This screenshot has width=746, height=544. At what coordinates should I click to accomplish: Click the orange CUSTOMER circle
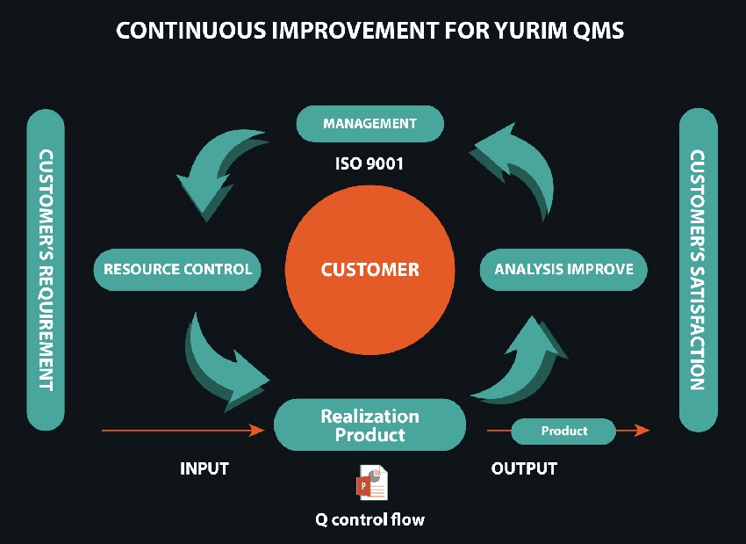tap(370, 270)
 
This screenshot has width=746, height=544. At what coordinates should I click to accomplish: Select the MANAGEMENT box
tap(369, 124)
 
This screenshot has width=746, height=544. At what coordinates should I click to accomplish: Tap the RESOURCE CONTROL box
tap(178, 269)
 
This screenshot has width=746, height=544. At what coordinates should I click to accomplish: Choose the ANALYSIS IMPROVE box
tap(563, 269)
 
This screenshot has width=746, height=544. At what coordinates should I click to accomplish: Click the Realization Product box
tap(369, 424)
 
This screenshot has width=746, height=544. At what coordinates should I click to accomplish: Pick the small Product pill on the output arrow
tap(563, 431)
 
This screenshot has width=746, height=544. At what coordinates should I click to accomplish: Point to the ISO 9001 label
tap(369, 163)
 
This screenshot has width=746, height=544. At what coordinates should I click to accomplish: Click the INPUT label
tap(204, 468)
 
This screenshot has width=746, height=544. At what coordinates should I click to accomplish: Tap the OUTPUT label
tap(524, 468)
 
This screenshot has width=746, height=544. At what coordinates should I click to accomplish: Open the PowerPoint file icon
tap(370, 482)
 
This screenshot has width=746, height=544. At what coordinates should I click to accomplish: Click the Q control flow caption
tap(369, 519)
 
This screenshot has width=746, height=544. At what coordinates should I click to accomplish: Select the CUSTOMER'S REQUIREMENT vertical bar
tap(47, 269)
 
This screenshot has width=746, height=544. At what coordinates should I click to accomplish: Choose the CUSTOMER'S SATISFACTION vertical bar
tap(698, 269)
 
